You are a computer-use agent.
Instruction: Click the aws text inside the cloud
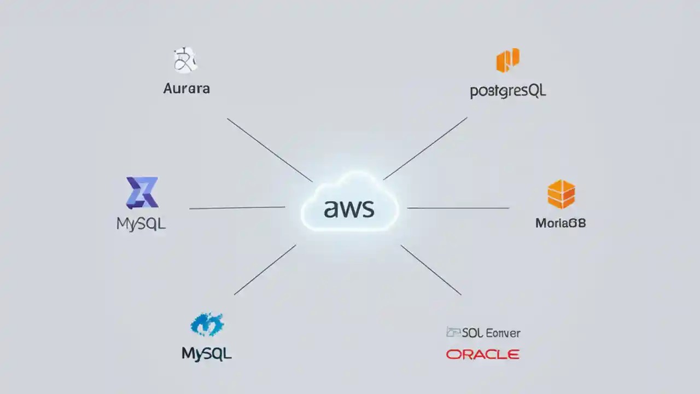pos(349,208)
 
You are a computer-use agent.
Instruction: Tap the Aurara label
pos(186,88)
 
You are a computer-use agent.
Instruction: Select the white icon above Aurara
pos(185,60)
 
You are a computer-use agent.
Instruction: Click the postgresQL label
pos(508,91)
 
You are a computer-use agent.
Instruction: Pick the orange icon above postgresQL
pos(507,60)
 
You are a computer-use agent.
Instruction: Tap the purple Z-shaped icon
pos(142,193)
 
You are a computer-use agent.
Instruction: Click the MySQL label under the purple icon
pos(141,224)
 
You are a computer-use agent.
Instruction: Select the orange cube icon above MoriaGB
pos(561,194)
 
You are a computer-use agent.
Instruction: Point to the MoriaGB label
pos(561,223)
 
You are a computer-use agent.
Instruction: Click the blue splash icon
pos(207,325)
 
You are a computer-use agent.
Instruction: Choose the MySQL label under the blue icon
pos(207,354)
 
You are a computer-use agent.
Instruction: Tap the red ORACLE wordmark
pos(482,355)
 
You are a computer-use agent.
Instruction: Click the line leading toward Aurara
pos(270,149)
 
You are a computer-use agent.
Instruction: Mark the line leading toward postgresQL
pos(425,148)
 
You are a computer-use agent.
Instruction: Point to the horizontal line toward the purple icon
pos(237,208)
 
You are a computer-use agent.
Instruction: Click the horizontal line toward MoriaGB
pos(458,208)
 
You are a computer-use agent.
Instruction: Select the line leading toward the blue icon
pos(265,269)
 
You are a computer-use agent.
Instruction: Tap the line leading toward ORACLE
pos(431,270)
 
